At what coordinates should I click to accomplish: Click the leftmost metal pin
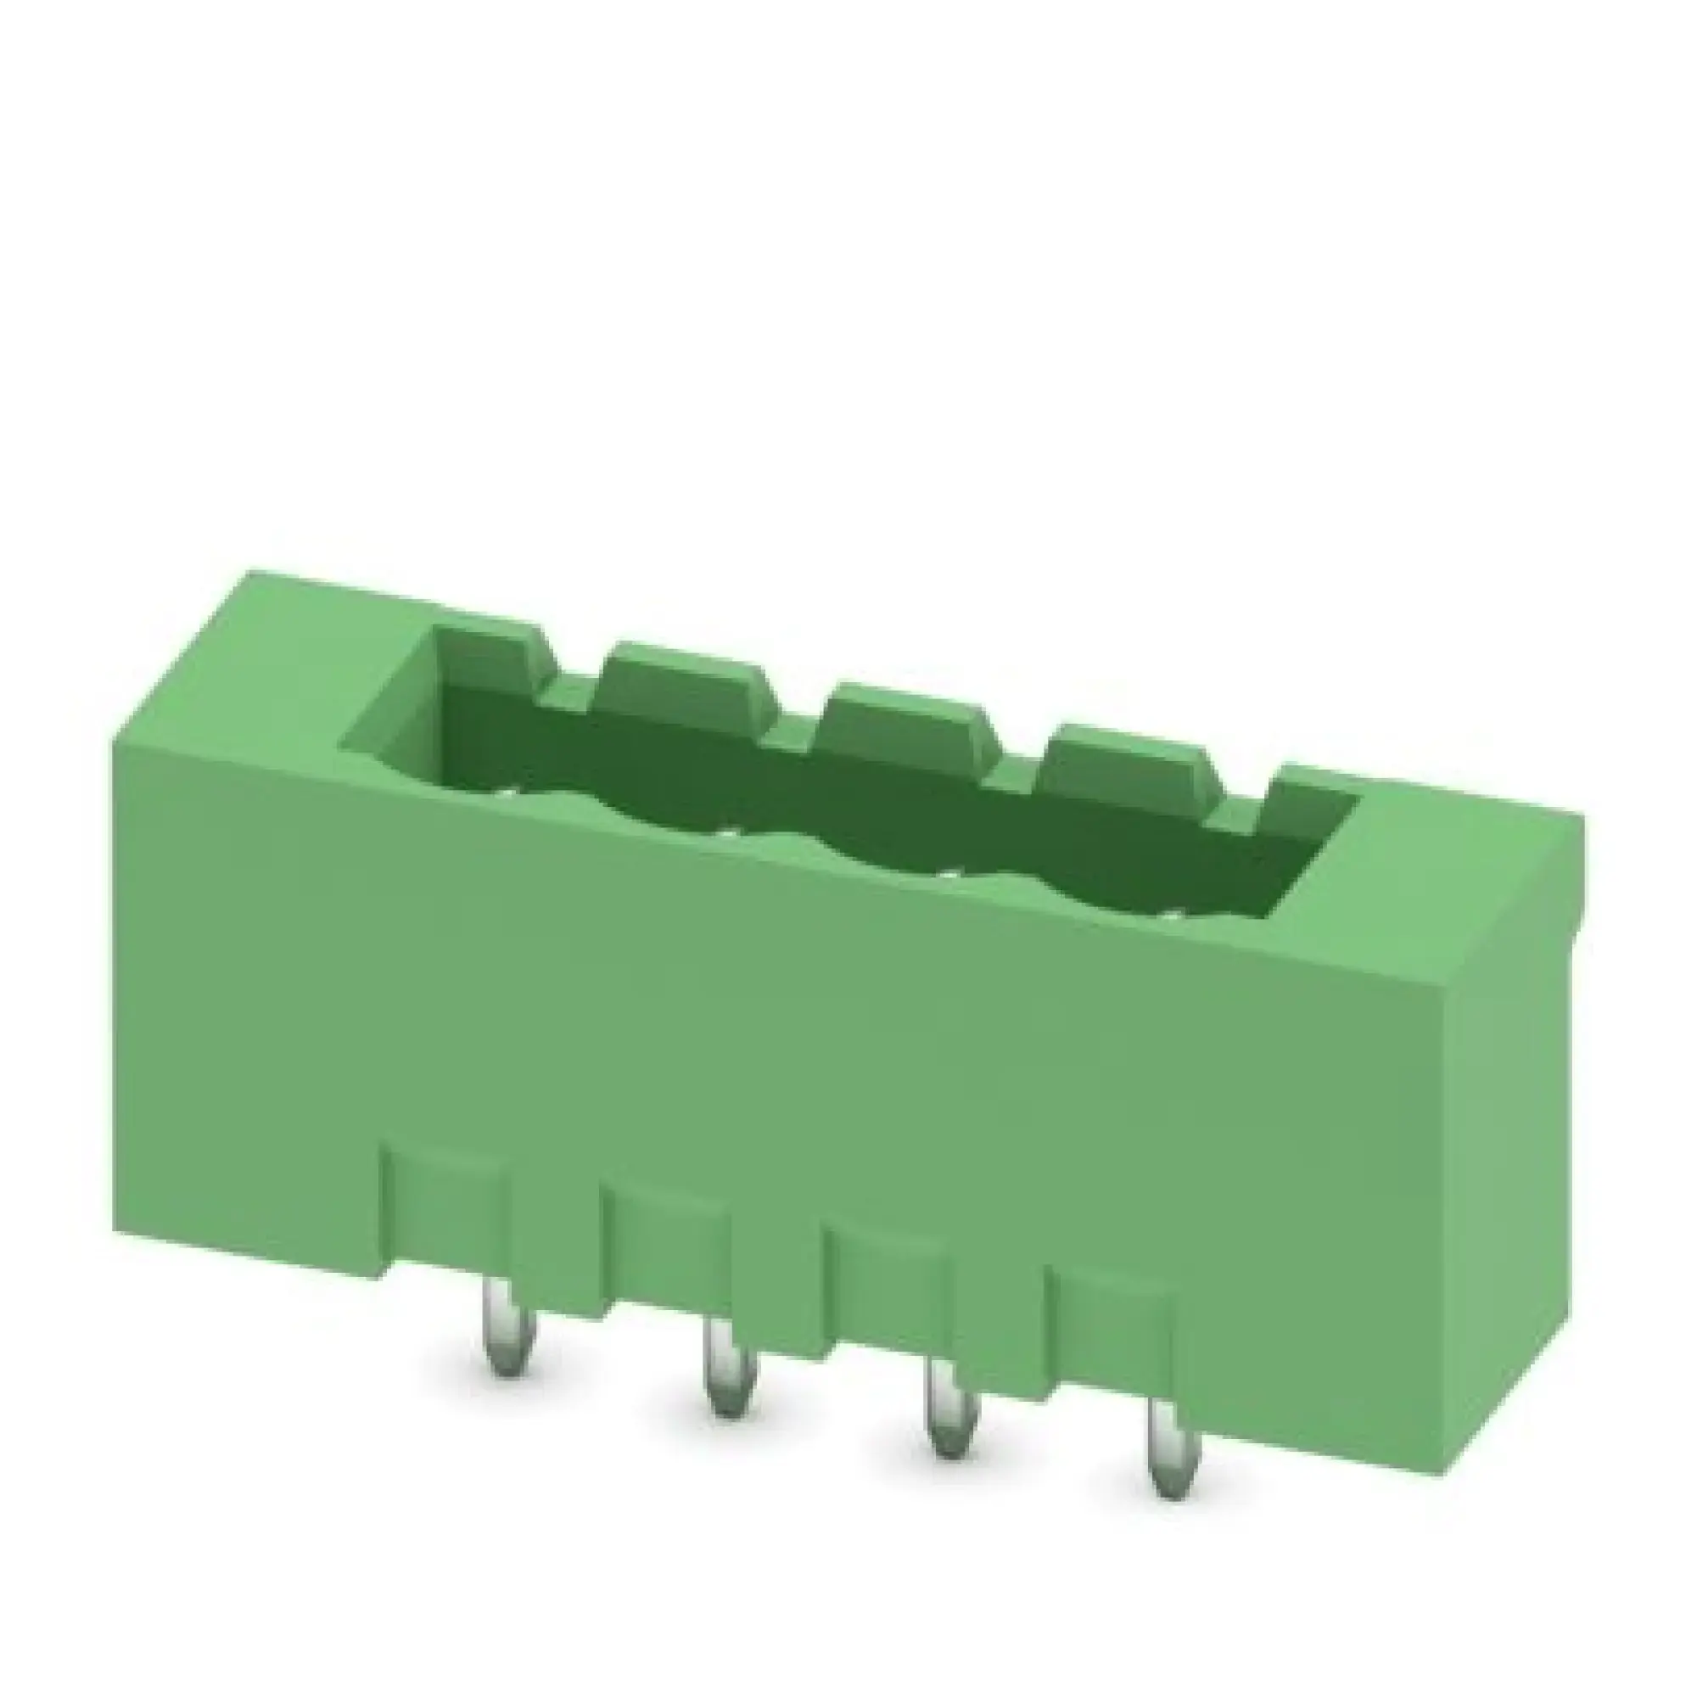click(x=504, y=1328)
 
